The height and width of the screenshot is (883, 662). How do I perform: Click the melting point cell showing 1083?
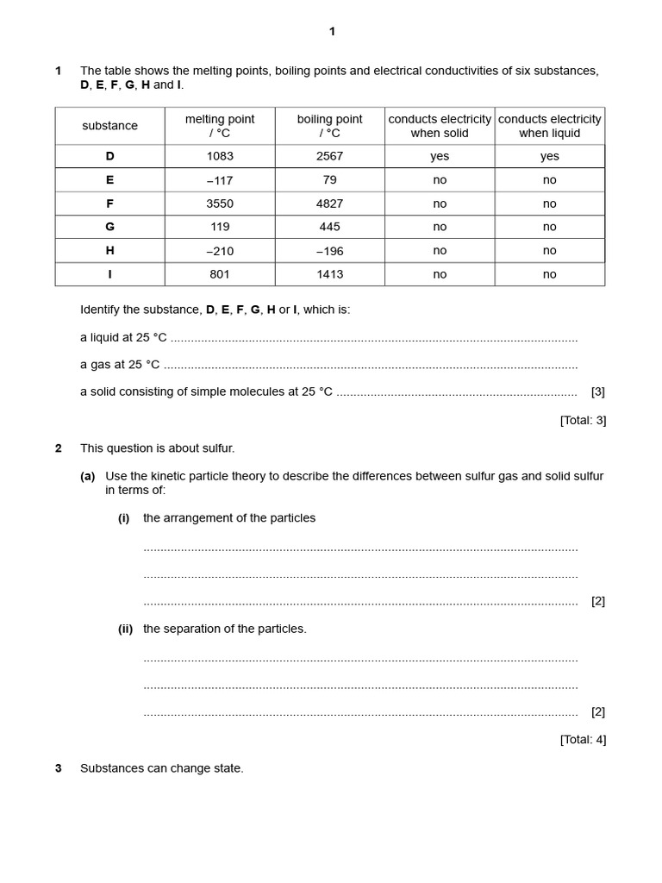pyautogui.click(x=220, y=156)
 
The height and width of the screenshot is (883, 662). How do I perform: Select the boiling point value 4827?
pyautogui.click(x=329, y=204)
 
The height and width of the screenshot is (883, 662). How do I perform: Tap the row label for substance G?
pyautogui.click(x=109, y=227)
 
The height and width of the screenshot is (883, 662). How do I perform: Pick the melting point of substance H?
pyautogui.click(x=220, y=251)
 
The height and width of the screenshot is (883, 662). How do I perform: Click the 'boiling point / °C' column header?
pyautogui.click(x=329, y=126)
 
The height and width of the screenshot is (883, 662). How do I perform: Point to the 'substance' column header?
pyautogui.click(x=109, y=126)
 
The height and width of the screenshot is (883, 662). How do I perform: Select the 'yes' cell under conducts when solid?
pyautogui.click(x=440, y=156)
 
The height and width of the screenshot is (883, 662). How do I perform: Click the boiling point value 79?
pyautogui.click(x=329, y=179)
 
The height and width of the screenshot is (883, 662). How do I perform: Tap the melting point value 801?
pyautogui.click(x=220, y=274)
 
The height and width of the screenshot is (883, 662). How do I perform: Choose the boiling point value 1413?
pyautogui.click(x=329, y=274)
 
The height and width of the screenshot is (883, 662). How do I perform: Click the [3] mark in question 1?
pyautogui.click(x=597, y=391)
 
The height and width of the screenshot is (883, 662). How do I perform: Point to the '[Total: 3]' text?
pyautogui.click(x=583, y=421)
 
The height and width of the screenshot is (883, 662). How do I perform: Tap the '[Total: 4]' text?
pyautogui.click(x=583, y=740)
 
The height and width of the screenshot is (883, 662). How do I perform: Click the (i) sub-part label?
pyautogui.click(x=124, y=518)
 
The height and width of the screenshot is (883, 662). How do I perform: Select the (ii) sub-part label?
pyautogui.click(x=126, y=629)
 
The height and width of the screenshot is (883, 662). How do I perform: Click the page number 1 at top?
pyautogui.click(x=332, y=32)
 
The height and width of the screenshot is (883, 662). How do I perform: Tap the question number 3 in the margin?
pyautogui.click(x=59, y=768)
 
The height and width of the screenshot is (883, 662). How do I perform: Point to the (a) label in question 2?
pyautogui.click(x=87, y=477)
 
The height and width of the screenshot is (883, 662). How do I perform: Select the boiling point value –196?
pyautogui.click(x=329, y=251)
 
